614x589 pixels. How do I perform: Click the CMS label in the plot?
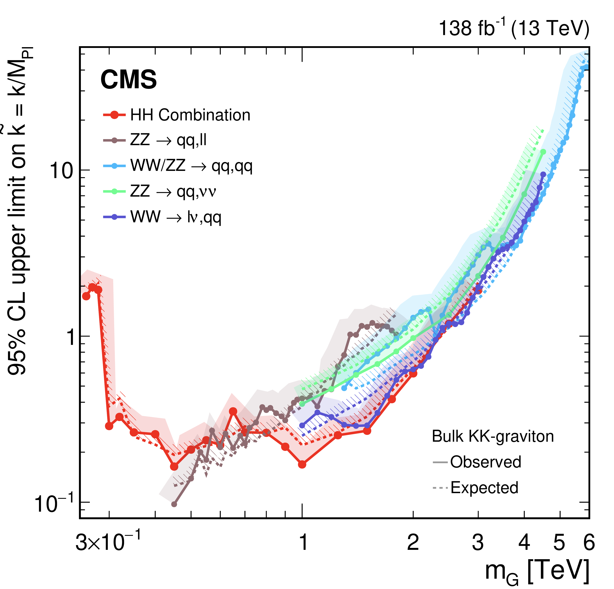point(128,79)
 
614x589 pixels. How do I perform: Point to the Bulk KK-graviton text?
point(492,436)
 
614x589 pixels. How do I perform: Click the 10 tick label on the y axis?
point(61,171)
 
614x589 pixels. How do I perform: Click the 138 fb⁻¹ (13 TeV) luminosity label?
point(514,28)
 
